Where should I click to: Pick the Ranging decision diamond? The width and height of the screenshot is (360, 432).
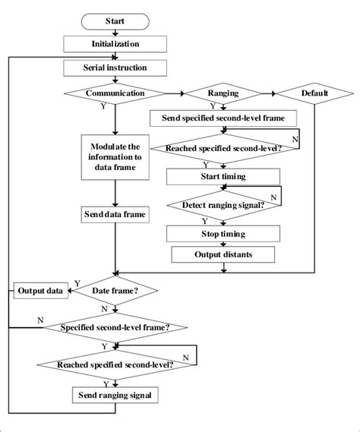(223, 94)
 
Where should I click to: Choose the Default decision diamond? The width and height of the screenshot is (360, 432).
(314, 94)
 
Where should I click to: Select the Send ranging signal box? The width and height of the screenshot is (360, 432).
(115, 395)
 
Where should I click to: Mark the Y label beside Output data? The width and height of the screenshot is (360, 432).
(75, 282)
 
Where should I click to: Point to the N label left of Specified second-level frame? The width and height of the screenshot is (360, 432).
(39, 320)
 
